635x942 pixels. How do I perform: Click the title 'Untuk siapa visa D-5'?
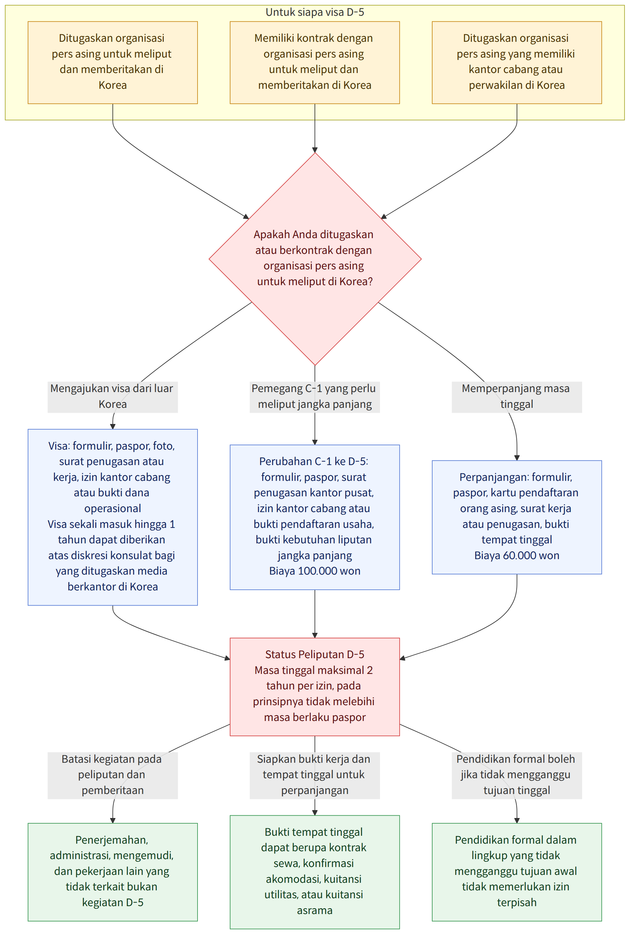coord(315,12)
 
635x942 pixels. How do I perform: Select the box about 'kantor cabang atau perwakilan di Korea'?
coord(517,62)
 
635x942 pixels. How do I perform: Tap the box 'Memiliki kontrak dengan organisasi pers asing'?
coord(315,62)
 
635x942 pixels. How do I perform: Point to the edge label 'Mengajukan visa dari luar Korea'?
coord(113,397)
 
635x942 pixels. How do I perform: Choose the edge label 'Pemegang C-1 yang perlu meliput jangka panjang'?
coord(315,397)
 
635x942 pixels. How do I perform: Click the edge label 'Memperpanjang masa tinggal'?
coord(517,397)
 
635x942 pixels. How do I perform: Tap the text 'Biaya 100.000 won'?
coord(315,571)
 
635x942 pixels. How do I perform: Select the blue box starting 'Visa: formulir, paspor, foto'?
coord(113,517)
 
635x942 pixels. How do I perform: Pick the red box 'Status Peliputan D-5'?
coord(315,687)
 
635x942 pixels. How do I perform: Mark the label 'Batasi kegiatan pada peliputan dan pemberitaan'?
coord(113,776)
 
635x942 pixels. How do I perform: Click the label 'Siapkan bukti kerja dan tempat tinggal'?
coord(315,776)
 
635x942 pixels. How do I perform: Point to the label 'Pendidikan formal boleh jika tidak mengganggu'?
coord(517,776)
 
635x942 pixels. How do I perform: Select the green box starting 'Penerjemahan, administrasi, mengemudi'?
coord(113,872)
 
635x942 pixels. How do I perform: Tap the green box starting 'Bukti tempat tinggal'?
coord(315,872)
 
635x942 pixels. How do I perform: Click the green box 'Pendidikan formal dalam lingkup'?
coord(517,872)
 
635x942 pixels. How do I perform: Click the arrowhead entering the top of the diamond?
coord(315,150)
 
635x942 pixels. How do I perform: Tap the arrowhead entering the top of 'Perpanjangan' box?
coord(517,458)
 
